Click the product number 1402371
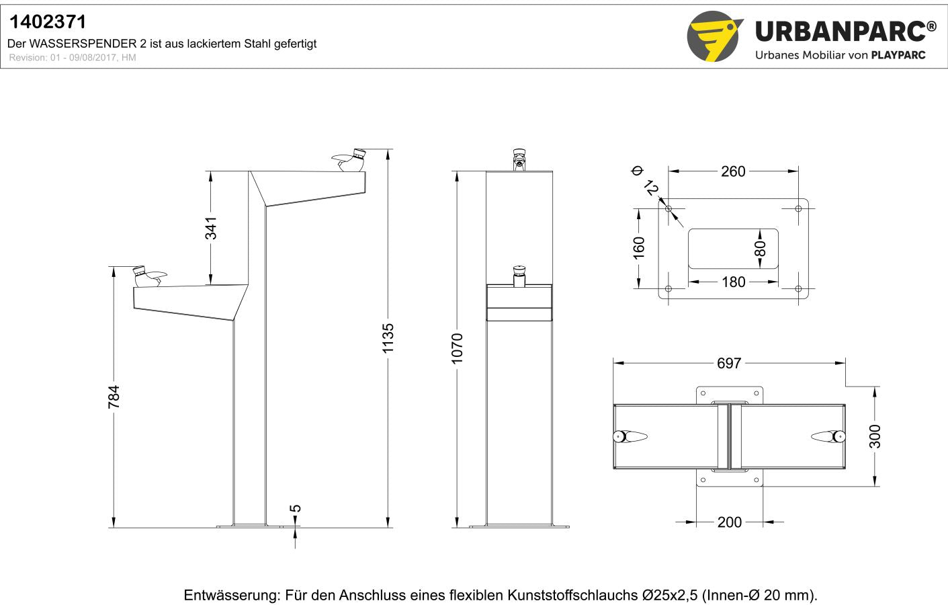48,22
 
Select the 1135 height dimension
388,338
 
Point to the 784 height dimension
114,397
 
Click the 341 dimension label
211,228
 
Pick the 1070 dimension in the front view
457,348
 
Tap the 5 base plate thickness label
296,508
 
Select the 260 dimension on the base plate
733,171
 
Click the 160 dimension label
639,247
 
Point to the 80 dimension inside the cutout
760,249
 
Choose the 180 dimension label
733,282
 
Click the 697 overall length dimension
729,363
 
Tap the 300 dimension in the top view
875,436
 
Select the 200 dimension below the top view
729,522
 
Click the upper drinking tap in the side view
349,160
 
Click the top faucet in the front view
519,159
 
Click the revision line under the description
73,58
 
